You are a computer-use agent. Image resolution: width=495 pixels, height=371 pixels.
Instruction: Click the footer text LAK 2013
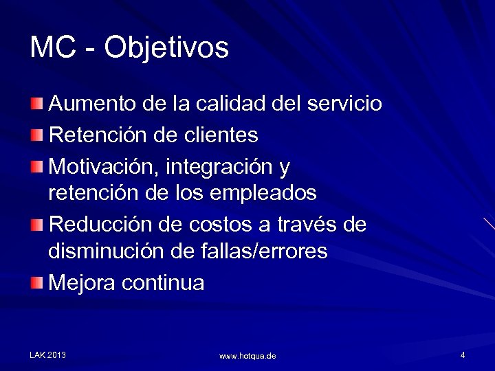pos(48,355)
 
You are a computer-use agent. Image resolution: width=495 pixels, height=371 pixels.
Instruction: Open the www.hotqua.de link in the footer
pos(247,356)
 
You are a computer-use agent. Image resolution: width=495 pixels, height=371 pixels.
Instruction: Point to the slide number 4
pos(463,355)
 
